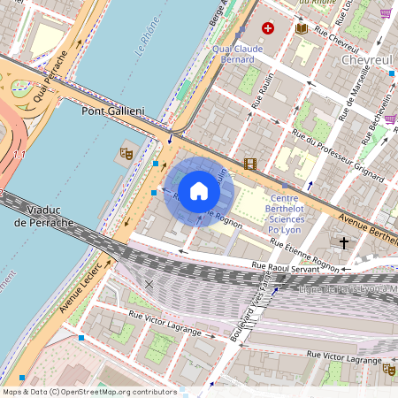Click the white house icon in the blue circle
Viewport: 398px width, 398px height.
point(199,190)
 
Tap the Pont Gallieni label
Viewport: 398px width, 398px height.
point(112,111)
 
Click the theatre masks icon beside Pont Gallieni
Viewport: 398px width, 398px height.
point(126,153)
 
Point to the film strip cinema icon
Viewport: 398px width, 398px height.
point(250,164)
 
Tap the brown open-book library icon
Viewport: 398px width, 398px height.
point(301,28)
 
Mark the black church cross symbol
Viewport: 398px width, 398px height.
point(344,241)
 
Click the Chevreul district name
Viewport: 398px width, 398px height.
point(366,59)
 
